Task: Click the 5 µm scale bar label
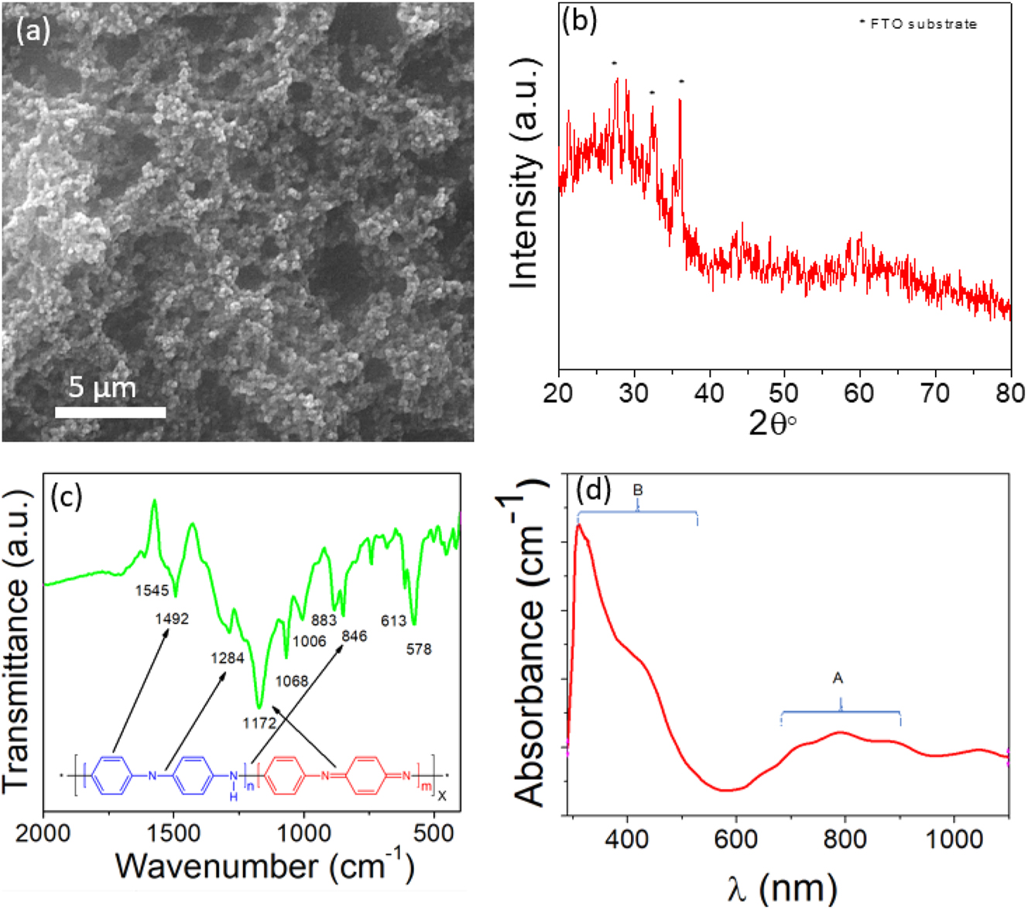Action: (x=101, y=386)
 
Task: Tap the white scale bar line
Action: (x=110, y=412)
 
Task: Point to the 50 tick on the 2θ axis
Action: (x=784, y=393)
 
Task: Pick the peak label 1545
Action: (x=152, y=591)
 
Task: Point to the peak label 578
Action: (x=419, y=649)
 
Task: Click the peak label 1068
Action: (x=292, y=681)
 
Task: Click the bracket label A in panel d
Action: (x=837, y=679)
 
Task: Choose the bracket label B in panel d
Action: (x=638, y=490)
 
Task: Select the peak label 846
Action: (x=354, y=636)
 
